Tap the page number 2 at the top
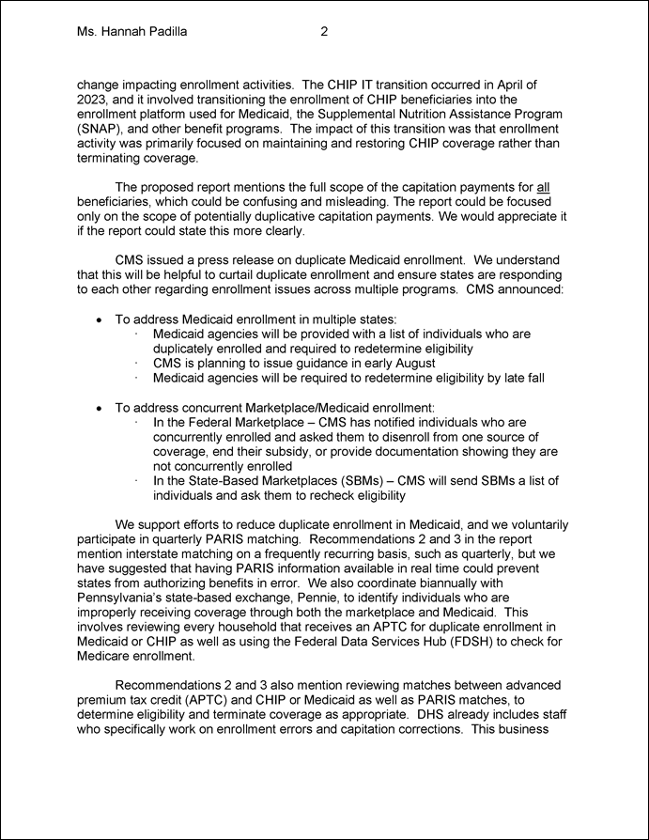point(324,32)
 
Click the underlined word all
point(543,186)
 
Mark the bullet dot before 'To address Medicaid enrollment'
point(100,320)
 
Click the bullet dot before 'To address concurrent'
point(100,408)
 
